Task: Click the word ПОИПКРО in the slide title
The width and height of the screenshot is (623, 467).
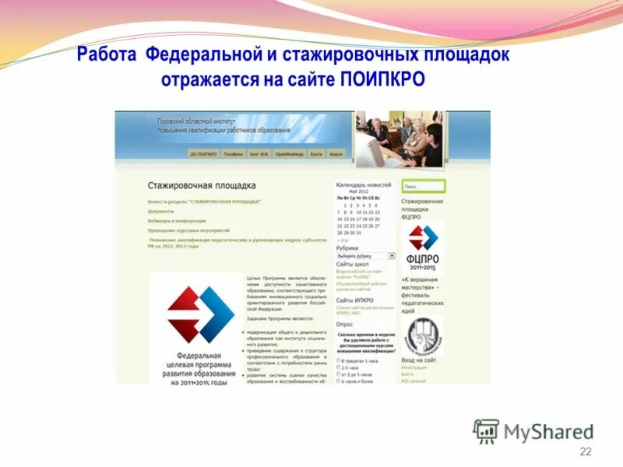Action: (x=382, y=80)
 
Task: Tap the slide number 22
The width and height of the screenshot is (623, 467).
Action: (x=586, y=452)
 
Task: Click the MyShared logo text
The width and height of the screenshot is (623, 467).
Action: (x=548, y=431)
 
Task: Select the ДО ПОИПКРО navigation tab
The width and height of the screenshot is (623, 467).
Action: (x=204, y=154)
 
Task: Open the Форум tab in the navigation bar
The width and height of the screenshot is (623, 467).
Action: (x=336, y=154)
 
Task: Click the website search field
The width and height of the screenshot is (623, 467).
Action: (x=424, y=187)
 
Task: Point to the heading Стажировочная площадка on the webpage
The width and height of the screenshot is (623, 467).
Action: (x=202, y=186)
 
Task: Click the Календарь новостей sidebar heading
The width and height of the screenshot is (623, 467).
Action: (x=364, y=185)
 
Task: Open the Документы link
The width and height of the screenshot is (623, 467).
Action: (x=161, y=211)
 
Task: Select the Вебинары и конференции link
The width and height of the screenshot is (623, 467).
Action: (x=177, y=221)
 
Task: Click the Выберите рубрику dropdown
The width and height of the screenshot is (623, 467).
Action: (x=365, y=255)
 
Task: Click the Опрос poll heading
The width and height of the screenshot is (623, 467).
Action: (x=344, y=323)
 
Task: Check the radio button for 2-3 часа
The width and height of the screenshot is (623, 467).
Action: (x=339, y=367)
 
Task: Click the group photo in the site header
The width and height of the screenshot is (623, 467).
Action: (x=399, y=138)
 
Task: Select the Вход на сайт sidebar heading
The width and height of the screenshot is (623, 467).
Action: (x=419, y=360)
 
